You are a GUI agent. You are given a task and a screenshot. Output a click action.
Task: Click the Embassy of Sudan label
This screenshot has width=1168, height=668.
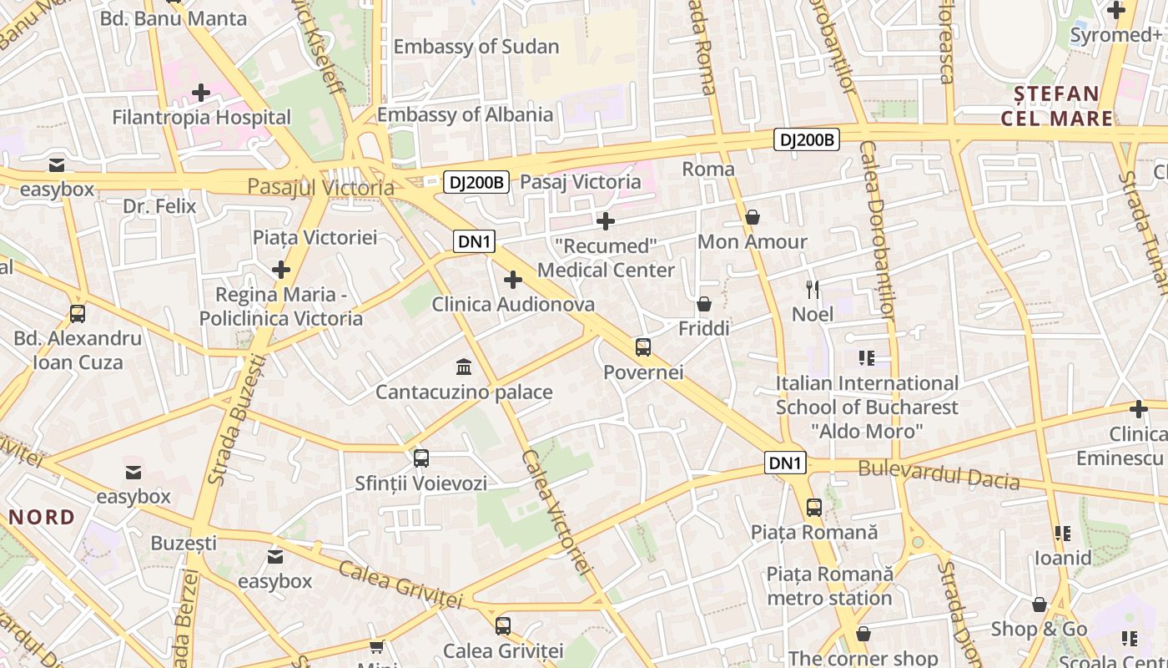[476, 47]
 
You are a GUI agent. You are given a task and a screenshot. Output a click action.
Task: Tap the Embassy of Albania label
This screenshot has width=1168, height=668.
[465, 114]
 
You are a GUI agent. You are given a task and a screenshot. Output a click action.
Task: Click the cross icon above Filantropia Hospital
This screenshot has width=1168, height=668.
[201, 92]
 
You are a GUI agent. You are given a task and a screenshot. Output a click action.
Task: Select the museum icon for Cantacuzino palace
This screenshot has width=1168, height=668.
[464, 367]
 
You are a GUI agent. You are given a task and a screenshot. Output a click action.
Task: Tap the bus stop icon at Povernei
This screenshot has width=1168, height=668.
[642, 347]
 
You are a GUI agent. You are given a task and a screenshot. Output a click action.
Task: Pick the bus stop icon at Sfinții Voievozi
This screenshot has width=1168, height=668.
[421, 458]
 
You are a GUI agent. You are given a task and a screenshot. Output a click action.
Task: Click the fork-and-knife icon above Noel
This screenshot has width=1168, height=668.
[813, 290]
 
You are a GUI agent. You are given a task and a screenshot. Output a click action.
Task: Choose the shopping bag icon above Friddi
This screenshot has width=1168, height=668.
[704, 304]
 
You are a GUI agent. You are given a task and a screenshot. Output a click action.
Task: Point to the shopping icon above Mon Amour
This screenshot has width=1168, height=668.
[753, 217]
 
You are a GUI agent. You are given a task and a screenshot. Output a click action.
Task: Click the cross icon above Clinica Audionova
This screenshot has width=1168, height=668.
[513, 280]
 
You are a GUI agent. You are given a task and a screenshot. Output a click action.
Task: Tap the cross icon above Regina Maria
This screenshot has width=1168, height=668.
[281, 270]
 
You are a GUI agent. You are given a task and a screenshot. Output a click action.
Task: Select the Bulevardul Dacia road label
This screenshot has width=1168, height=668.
[939, 474]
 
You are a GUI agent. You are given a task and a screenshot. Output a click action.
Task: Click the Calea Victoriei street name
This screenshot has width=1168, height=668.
[556, 511]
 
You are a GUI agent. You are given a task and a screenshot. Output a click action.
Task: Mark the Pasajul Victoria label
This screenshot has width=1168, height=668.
[320, 187]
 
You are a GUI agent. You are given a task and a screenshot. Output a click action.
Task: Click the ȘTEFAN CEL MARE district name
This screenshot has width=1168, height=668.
[1056, 106]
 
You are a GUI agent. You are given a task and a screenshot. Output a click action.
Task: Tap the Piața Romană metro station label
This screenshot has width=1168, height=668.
[829, 586]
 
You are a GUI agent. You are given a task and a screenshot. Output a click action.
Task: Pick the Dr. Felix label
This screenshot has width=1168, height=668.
[159, 206]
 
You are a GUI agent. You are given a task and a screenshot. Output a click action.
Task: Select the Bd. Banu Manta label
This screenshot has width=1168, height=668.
[174, 18]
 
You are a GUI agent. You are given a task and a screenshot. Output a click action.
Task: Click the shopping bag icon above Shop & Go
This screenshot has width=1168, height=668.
[1040, 605]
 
